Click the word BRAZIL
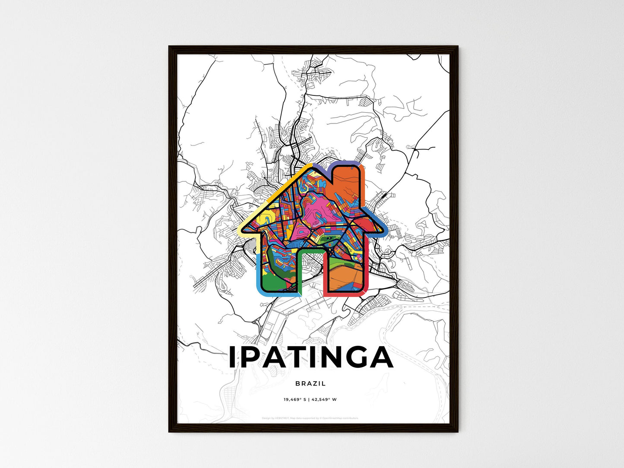(x=311, y=383)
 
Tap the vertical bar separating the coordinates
(x=309, y=399)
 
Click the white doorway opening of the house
(x=311, y=272)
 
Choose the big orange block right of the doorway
(x=345, y=276)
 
